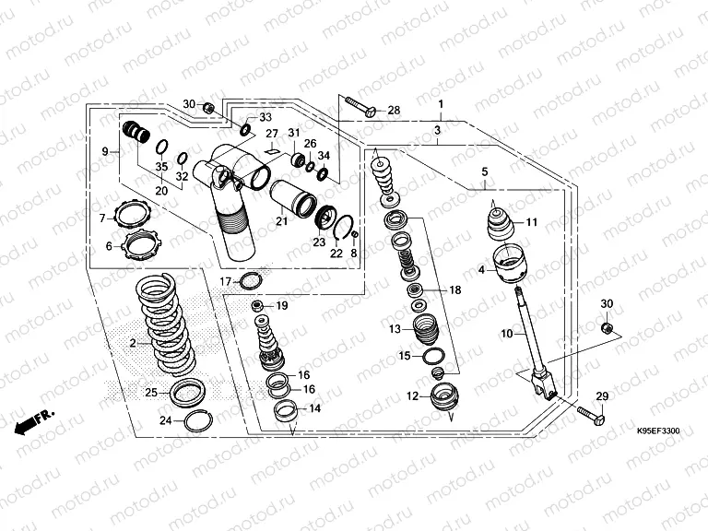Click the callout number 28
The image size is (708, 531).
(394, 111)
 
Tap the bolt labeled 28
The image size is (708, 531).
(360, 106)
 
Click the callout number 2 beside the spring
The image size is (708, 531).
(133, 344)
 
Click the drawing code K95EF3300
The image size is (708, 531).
(657, 431)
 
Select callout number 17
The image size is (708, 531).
(226, 281)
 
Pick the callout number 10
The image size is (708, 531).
(506, 333)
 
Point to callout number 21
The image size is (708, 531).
(281, 220)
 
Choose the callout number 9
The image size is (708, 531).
(105, 151)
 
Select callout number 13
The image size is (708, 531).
(395, 329)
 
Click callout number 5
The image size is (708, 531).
(484, 171)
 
